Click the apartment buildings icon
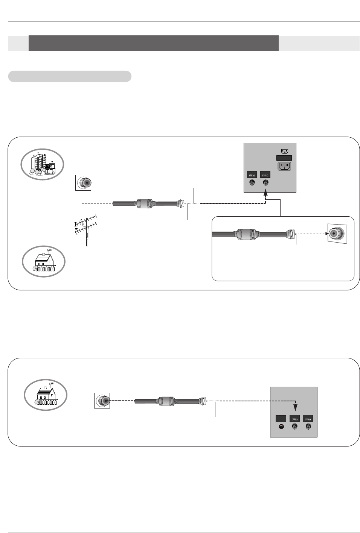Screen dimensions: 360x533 click(42, 164)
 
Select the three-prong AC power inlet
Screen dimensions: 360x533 click(284, 166)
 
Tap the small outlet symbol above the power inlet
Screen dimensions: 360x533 click(285, 151)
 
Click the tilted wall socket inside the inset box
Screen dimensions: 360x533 click(337, 234)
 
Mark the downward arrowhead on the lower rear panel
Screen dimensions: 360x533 click(295, 407)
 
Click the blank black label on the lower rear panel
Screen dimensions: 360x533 click(281, 419)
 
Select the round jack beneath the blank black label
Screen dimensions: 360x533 click(281, 427)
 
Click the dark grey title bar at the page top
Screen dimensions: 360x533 click(153, 43)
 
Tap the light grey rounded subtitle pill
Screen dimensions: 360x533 click(70, 76)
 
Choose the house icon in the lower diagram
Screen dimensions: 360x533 click(46, 395)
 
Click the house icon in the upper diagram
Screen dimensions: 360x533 click(44, 261)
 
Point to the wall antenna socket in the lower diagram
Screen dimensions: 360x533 click(102, 401)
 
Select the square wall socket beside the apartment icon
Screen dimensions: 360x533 click(83, 183)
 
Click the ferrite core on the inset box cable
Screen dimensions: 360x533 click(245, 234)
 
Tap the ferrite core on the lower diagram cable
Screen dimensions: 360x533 click(166, 401)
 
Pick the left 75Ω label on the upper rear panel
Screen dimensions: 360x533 click(252, 175)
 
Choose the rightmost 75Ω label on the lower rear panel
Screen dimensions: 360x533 click(308, 419)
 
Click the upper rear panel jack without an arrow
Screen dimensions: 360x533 click(252, 183)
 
